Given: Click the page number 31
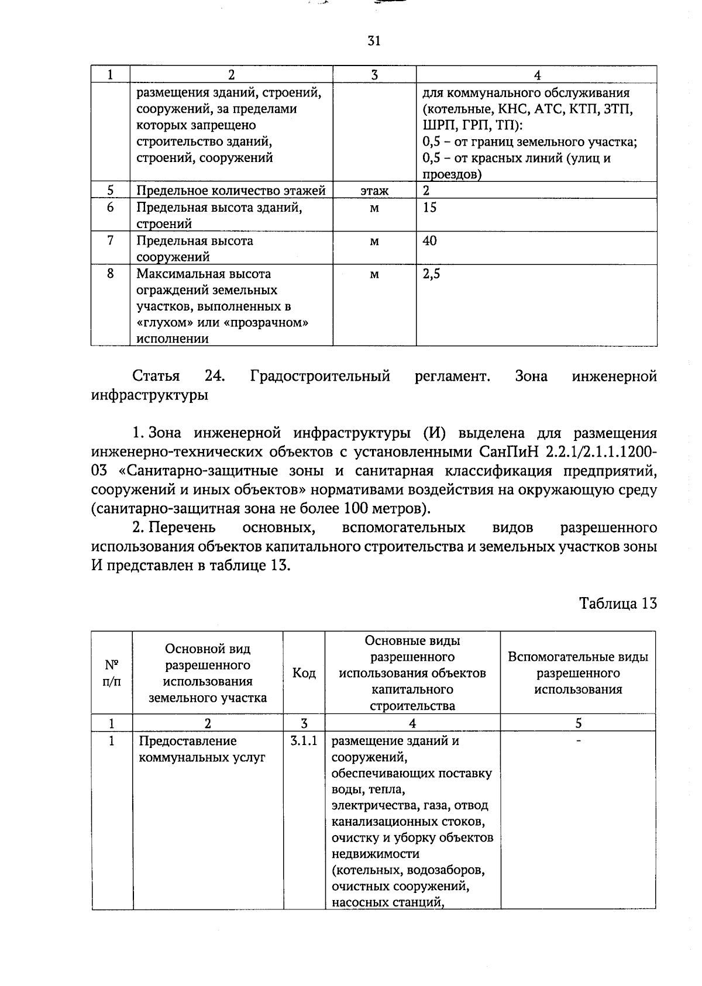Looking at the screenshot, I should tap(374, 40).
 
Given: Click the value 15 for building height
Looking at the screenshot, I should tap(430, 208).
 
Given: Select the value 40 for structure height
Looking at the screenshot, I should tap(430, 241).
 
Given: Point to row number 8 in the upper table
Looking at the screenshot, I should tap(111, 274).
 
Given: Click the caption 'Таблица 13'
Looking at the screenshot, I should tap(618, 603).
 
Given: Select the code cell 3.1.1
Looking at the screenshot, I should tap(304, 741).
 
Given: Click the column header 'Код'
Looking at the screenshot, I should tap(304, 673).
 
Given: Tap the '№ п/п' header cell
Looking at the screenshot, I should tap(112, 673).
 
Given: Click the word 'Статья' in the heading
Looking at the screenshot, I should tap(156, 376).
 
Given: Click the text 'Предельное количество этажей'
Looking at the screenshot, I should tap(230, 191).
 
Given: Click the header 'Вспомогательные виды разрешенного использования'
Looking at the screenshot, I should tap(578, 673).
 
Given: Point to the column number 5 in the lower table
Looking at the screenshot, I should tap(578, 723).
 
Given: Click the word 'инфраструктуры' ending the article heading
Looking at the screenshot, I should tap(150, 395).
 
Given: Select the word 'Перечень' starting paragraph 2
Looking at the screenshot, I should tap(182, 528).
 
